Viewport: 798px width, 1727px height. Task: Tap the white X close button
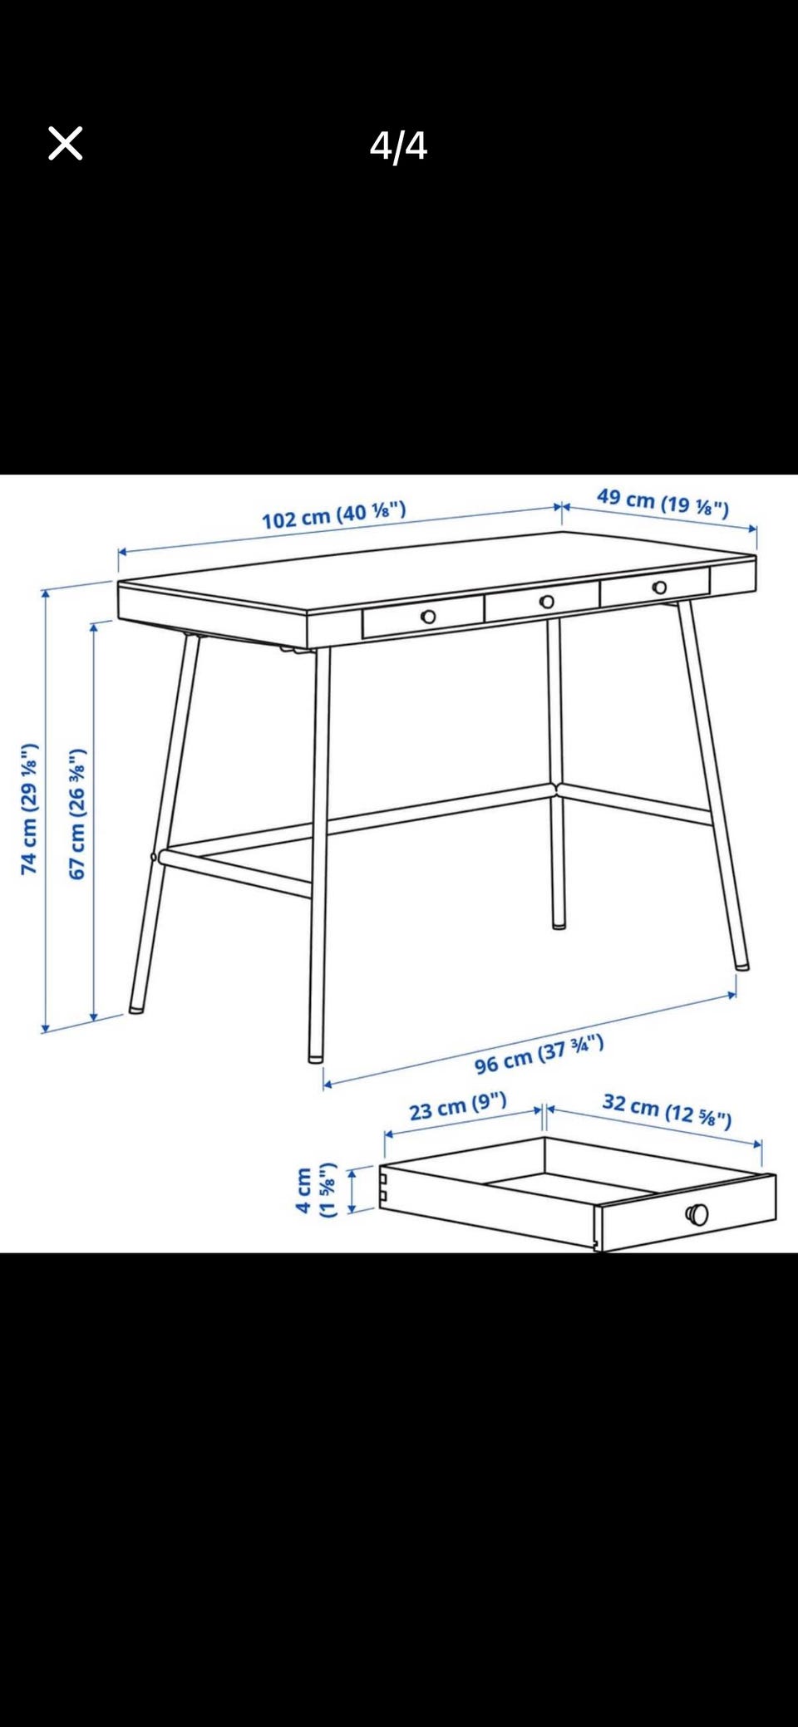pos(66,143)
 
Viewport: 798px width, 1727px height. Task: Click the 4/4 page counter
pos(398,145)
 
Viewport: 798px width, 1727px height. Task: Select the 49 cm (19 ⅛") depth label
pos(663,502)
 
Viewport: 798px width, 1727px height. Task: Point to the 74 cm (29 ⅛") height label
pos(29,809)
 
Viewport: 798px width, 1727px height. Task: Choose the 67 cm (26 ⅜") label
pos(76,814)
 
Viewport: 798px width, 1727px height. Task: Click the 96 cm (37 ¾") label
pos(539,1055)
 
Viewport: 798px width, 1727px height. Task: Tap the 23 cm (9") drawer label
pos(458,1106)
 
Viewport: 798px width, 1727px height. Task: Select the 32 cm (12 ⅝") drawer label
pos(667,1111)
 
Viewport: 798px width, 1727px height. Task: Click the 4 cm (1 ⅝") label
pos(316,1190)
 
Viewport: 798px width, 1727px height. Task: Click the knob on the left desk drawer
pos(428,617)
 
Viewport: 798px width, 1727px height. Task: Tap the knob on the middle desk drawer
pos(547,602)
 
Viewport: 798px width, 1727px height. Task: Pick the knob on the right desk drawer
pos(659,588)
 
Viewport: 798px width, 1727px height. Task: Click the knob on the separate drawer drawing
pos(697,1214)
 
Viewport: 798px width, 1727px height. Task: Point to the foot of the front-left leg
pos(316,1058)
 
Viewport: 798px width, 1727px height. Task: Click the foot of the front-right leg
pos(741,966)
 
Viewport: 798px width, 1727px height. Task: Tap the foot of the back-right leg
pos(559,924)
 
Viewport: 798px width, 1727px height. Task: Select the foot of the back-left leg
pos(135,1010)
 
